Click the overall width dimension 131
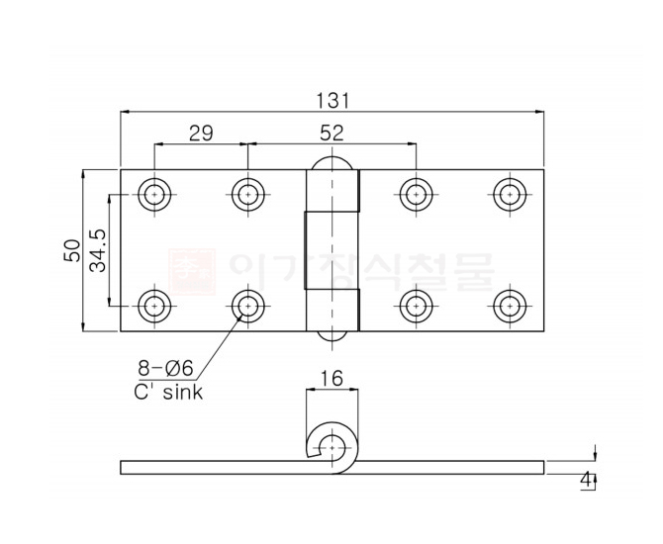332,100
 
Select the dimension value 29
201,133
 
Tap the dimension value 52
331,133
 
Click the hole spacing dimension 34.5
98,249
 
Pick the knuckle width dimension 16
331,378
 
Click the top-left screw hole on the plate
153,193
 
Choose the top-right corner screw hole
509,193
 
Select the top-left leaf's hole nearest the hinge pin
247,193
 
